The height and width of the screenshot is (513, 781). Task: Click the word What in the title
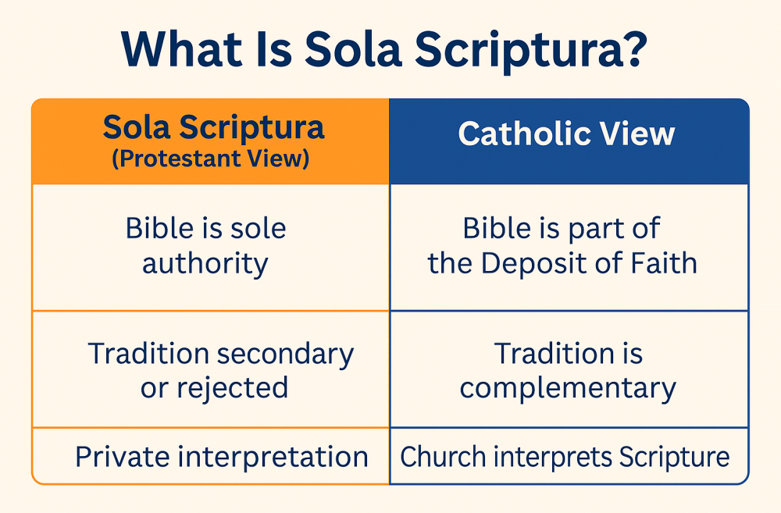click(x=181, y=49)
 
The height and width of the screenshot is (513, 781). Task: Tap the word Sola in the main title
click(x=353, y=49)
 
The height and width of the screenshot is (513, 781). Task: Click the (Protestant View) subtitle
click(x=211, y=159)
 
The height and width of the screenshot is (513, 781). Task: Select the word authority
click(x=205, y=264)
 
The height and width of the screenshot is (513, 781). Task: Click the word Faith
click(x=664, y=263)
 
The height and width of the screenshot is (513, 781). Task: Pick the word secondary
click(x=285, y=354)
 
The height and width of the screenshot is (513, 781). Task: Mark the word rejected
click(x=233, y=388)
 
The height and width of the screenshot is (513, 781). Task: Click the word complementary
click(x=568, y=389)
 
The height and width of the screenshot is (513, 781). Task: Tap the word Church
click(x=443, y=456)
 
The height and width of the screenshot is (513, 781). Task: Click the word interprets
click(x=552, y=457)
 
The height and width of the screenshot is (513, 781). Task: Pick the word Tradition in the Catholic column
click(x=551, y=354)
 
